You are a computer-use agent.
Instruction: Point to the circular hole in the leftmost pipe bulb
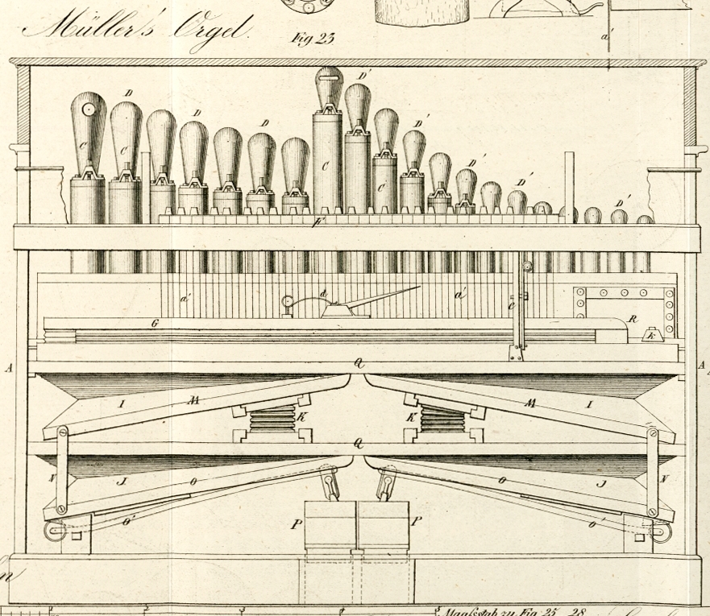pos(89,107)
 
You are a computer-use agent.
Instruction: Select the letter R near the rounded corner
pos(633,319)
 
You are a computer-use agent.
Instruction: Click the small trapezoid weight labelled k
pos(652,333)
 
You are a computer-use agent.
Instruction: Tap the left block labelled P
pos(330,523)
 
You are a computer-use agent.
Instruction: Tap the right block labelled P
pos(384,523)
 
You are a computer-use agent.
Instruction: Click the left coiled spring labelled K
pos(272,419)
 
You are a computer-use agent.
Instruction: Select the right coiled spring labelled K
pos(442,419)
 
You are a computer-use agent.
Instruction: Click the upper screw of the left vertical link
pos(61,434)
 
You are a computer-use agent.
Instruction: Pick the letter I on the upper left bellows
pos(122,403)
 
